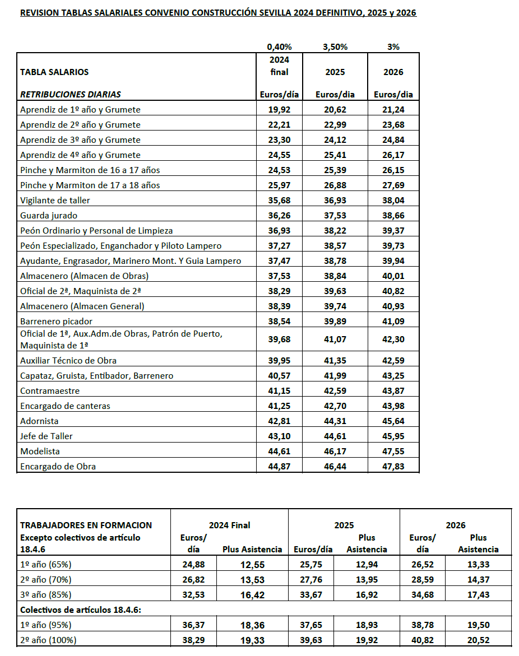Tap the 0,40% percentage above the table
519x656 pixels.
coord(279,47)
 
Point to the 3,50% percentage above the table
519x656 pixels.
coord(335,47)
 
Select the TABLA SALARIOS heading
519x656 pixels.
coord(54,72)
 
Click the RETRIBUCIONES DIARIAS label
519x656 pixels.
coord(71,94)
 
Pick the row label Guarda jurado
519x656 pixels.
coord(49,215)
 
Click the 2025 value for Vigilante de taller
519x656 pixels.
coord(335,200)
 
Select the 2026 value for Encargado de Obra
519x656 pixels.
coord(393,466)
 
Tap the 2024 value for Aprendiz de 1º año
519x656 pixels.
coord(279,110)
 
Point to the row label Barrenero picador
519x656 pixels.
coord(57,321)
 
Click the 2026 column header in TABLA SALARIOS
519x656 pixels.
coord(393,72)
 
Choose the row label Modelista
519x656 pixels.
coord(40,451)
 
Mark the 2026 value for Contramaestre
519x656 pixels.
coord(393,390)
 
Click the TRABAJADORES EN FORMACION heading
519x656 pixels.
coord(86,525)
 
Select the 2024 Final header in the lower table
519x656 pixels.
coord(229,525)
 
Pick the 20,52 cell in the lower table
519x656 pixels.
coord(478,640)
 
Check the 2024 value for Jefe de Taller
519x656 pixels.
coord(279,436)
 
